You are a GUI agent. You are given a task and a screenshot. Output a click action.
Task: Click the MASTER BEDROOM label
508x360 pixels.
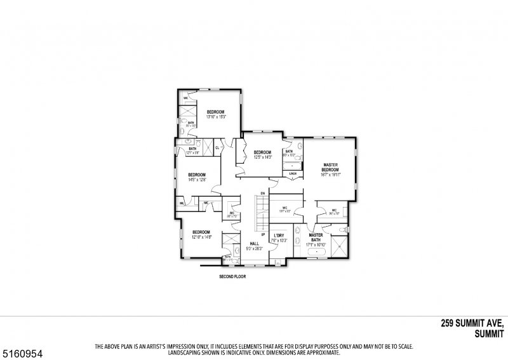(x=330, y=167)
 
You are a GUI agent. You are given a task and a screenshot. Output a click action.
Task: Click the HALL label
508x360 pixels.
(x=254, y=244)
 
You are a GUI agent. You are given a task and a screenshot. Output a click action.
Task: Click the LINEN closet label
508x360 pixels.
(x=293, y=173)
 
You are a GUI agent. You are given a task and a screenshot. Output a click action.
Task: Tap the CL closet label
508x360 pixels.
(x=217, y=148)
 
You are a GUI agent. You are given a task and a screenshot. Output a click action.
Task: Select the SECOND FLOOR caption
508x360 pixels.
(x=232, y=277)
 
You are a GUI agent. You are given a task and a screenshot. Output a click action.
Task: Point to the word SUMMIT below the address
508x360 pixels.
(x=488, y=333)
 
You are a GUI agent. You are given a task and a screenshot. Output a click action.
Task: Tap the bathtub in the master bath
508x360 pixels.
(x=316, y=253)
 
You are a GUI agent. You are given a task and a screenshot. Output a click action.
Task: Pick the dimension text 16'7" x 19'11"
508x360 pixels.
(x=330, y=175)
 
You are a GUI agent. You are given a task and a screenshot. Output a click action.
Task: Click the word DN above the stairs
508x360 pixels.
(x=262, y=192)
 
